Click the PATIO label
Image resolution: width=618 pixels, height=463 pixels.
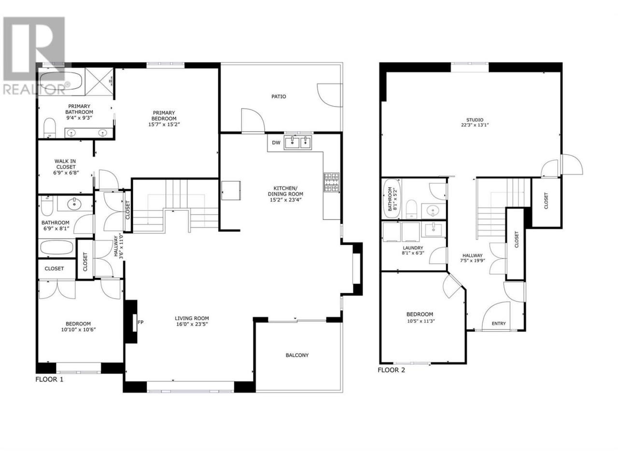(x=279, y=96)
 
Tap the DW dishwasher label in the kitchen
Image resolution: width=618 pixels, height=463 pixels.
(x=276, y=143)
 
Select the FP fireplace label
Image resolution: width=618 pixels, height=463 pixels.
(x=140, y=322)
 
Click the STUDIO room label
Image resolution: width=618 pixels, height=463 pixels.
(x=475, y=120)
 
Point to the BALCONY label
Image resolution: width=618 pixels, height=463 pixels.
(x=297, y=355)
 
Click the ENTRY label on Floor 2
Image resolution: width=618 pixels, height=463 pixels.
(x=499, y=324)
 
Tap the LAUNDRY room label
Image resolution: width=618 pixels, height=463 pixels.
(x=413, y=248)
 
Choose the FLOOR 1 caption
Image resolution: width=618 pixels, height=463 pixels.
(x=49, y=380)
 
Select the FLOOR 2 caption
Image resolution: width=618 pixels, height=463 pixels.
(x=391, y=370)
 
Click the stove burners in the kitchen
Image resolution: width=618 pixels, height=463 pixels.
(x=331, y=182)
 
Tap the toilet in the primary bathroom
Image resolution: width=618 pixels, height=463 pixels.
(x=50, y=128)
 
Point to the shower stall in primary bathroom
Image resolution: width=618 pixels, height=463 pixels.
(x=99, y=82)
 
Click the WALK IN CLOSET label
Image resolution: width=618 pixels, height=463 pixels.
(x=65, y=164)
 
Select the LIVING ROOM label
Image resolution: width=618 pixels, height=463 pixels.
(x=192, y=318)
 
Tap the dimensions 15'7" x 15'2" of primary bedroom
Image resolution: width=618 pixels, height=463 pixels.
(x=164, y=124)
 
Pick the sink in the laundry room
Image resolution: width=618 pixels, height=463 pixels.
(x=433, y=230)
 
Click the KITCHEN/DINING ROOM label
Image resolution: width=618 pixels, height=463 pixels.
(x=285, y=191)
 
